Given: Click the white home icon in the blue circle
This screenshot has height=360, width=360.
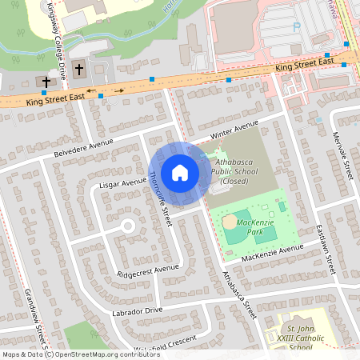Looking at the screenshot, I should [180, 172].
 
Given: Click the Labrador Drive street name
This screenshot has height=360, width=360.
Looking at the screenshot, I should [137, 310].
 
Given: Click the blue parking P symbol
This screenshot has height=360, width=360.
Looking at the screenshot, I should [296, 26].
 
